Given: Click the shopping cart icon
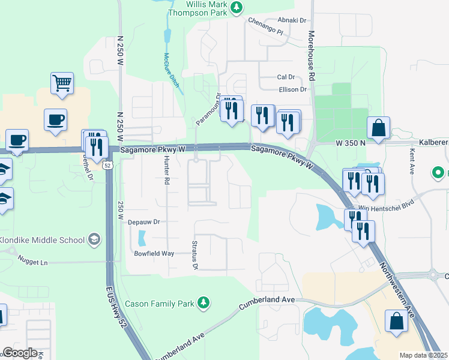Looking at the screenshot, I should pyautogui.click(x=62, y=83).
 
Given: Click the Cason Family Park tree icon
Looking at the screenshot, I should pyautogui.click(x=204, y=303).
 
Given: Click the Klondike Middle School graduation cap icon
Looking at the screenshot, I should pyautogui.click(x=94, y=240).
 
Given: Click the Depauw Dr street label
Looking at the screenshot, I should pyautogui.click(x=143, y=221).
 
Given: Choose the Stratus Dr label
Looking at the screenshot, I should pyautogui.click(x=194, y=256).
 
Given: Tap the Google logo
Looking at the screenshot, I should pyautogui.click(x=20, y=353).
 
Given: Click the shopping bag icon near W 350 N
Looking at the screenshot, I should pyautogui.click(x=379, y=128).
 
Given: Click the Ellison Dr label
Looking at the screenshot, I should pyautogui.click(x=293, y=89).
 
